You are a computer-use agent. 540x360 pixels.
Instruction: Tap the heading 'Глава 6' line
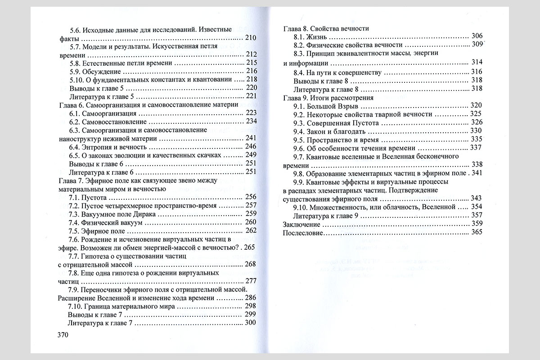(x=148, y=104)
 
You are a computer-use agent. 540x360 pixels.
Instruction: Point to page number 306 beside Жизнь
(x=477, y=36)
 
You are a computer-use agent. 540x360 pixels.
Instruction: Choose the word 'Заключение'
(x=301, y=224)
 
